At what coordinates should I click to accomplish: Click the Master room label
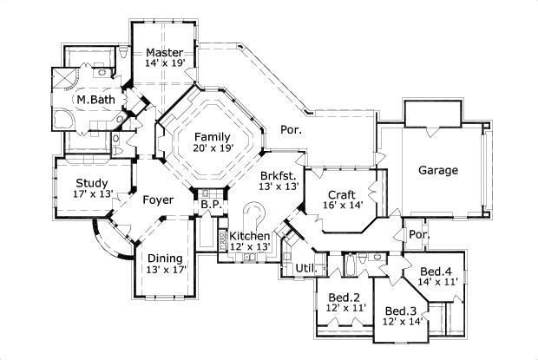coord(164,52)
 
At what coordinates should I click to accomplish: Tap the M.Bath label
coord(93,101)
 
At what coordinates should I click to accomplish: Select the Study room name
coord(91,182)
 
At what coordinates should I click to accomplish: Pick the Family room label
coord(212,136)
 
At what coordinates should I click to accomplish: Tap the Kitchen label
coord(249,236)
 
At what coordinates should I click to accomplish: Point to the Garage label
coord(438,170)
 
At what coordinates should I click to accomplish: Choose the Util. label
coord(305,267)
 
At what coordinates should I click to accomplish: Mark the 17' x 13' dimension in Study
coord(91,193)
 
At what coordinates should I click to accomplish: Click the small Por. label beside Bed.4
coord(418,234)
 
